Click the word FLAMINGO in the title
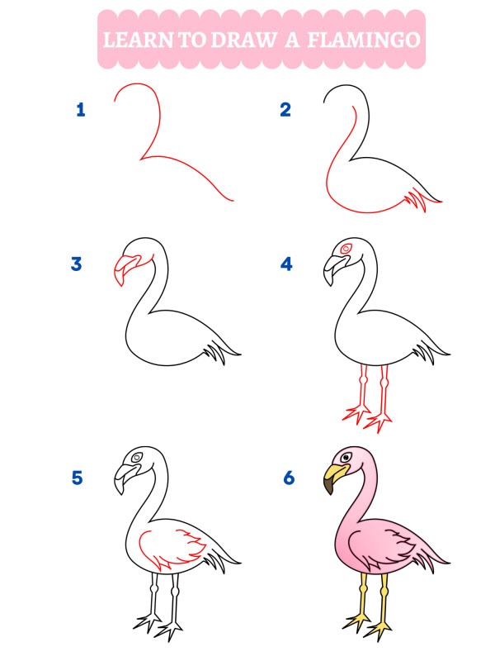coord(364,39)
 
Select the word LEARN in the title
coord(135,39)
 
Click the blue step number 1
coord(81,109)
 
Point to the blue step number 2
coord(285,109)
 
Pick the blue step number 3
coord(77,264)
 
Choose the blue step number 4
coord(286,264)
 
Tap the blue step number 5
coord(77,478)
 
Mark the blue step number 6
coord(288,478)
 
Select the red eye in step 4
coord(346,248)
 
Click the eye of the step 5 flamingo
coord(136,459)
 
